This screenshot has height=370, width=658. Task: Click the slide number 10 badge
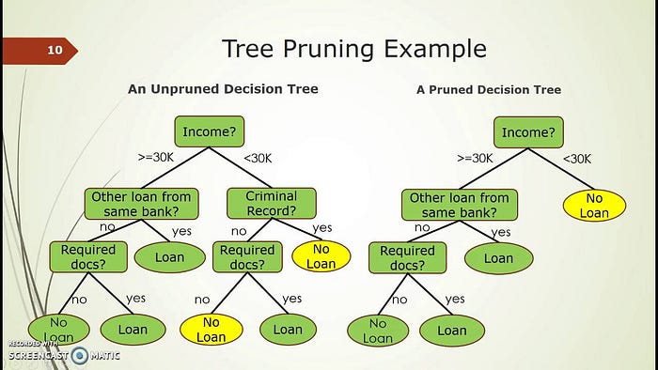point(39,51)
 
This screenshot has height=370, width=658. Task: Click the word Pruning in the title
point(328,49)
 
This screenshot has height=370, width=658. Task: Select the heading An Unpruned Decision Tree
point(223,89)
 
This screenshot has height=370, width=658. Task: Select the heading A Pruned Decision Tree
point(489,89)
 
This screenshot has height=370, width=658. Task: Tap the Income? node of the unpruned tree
point(210,131)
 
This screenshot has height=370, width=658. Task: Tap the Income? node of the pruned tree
point(528,132)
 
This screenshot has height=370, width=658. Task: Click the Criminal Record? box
point(272,203)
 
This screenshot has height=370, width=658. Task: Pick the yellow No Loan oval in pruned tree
point(594,206)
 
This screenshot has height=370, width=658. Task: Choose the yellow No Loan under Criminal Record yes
point(321,256)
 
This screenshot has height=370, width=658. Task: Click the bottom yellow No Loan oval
point(211,330)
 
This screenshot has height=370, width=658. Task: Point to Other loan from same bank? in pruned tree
point(460,205)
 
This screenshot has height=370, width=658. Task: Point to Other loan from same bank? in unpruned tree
point(141,204)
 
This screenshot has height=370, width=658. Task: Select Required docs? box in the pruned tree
point(407,257)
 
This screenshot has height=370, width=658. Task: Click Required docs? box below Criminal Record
point(247,257)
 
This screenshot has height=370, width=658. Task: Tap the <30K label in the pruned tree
point(576,159)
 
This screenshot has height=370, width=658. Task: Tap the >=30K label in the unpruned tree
point(156,158)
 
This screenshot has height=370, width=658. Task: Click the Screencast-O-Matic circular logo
point(79,356)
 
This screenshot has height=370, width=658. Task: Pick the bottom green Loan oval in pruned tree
point(452,331)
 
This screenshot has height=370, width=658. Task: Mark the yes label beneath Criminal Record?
point(322,227)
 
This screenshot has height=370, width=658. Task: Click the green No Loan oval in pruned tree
point(378,331)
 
